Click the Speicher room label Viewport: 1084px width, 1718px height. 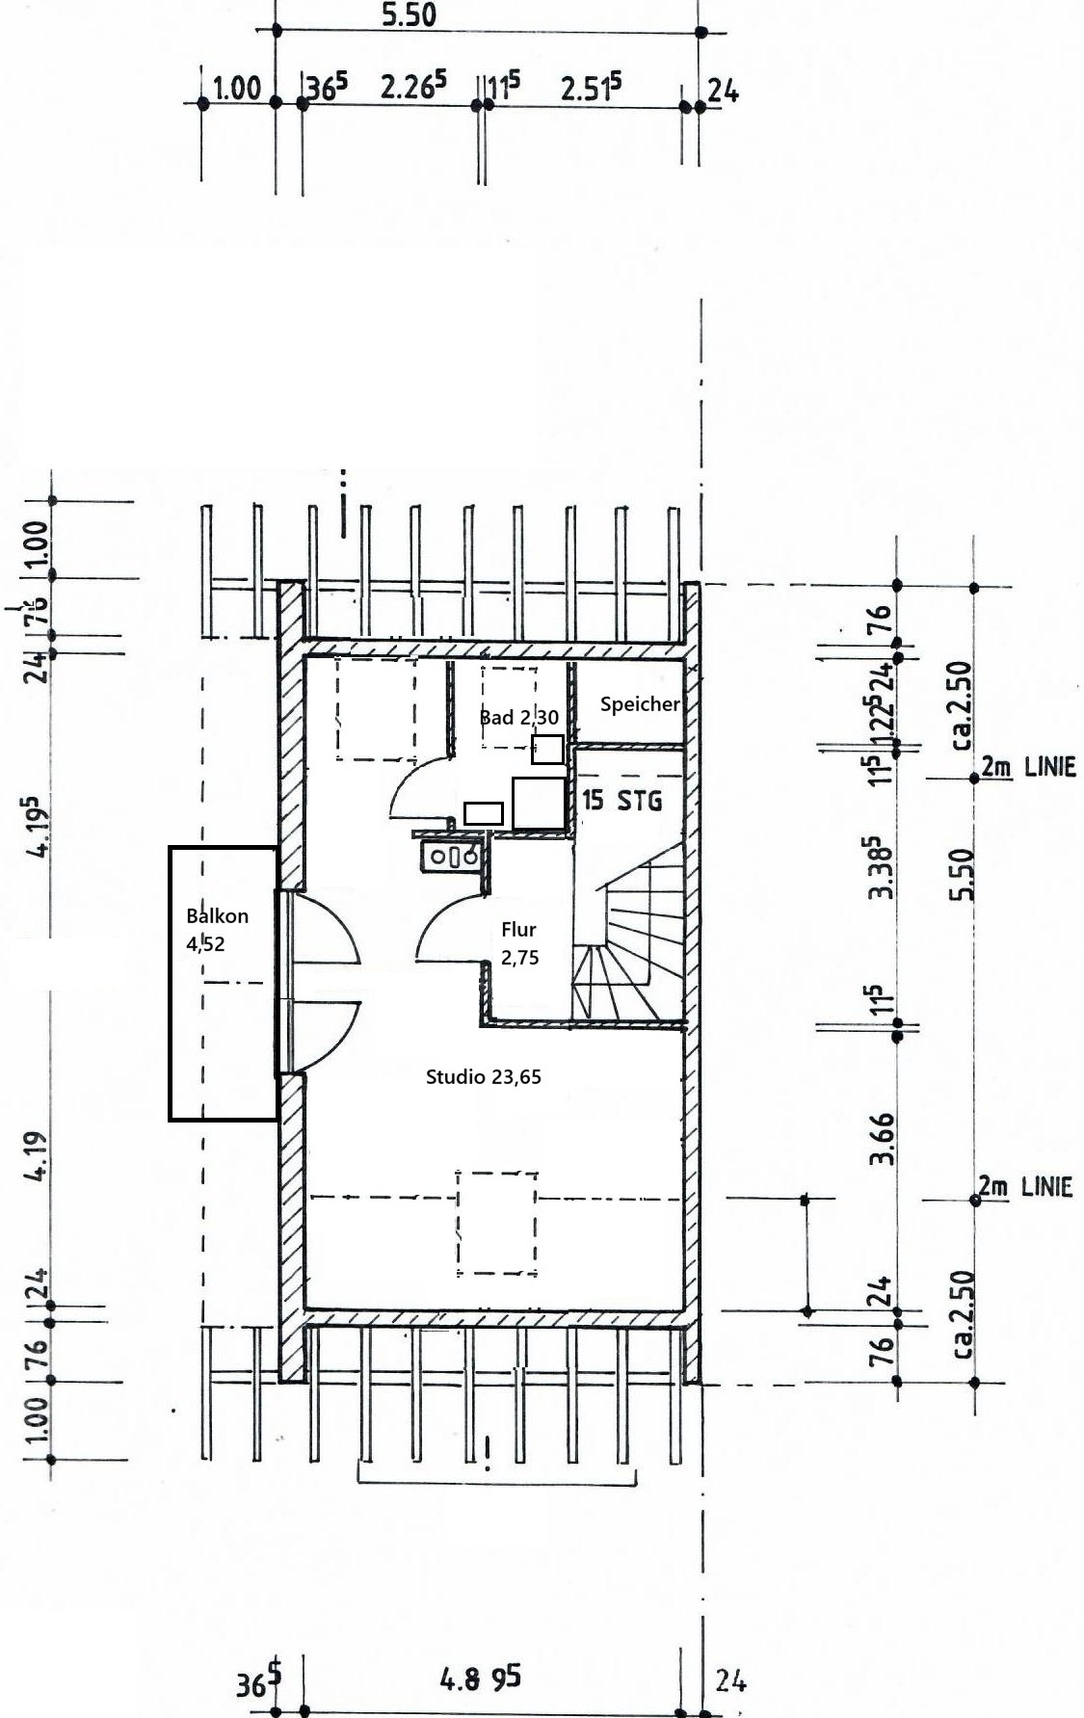point(640,704)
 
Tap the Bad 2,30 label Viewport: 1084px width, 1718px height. point(518,717)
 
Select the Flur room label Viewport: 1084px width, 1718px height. point(518,930)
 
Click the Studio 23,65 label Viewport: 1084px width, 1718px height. point(484,1077)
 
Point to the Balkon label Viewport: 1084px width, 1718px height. point(217,916)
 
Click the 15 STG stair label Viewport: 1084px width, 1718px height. point(622,800)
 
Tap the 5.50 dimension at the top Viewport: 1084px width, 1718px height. point(409,14)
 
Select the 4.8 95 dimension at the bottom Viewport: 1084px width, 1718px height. point(480,1678)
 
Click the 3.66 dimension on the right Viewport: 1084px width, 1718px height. point(882,1139)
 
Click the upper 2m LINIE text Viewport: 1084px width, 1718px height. point(1028,768)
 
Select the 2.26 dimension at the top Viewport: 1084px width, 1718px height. point(413,86)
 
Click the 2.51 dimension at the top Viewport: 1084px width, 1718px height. point(591,87)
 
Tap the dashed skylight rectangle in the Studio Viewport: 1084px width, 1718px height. point(496,1223)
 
